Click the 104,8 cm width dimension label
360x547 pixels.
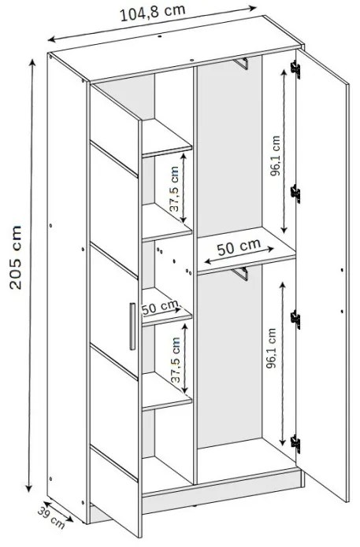(153, 13)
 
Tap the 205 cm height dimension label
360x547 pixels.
(16, 257)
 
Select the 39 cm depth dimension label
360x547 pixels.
(51, 516)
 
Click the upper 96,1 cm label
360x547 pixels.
(276, 156)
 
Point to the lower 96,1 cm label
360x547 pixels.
(271, 348)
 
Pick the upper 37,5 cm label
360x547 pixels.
(174, 189)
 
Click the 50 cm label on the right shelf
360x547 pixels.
(239, 247)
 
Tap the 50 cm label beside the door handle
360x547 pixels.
(161, 307)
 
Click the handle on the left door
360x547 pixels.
(132, 326)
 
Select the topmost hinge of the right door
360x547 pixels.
(295, 69)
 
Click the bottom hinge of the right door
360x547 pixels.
(295, 444)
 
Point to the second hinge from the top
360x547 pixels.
(295, 194)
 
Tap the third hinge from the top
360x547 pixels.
(295, 320)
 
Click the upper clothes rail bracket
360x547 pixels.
(241, 64)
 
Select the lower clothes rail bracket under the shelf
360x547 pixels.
(241, 274)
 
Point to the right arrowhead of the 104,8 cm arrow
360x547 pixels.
(252, 8)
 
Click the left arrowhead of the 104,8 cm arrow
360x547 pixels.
(52, 39)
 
